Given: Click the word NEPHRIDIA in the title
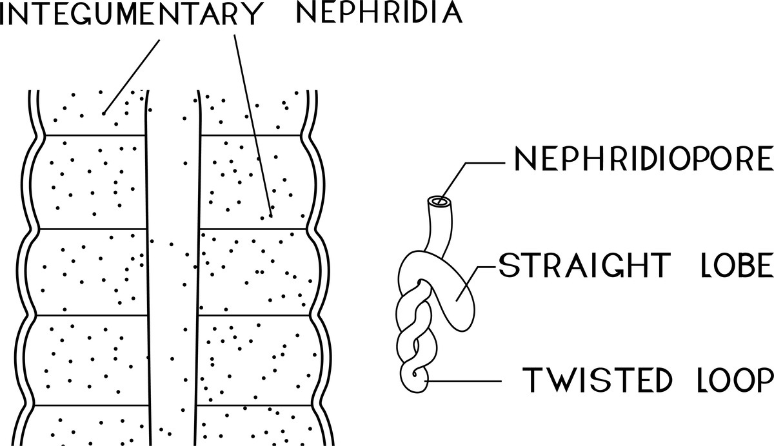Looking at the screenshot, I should point(379,14).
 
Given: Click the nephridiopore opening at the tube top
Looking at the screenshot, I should point(441,202).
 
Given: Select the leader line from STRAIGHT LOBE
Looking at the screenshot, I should point(477,277).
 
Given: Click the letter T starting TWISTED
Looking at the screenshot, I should point(531,380).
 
